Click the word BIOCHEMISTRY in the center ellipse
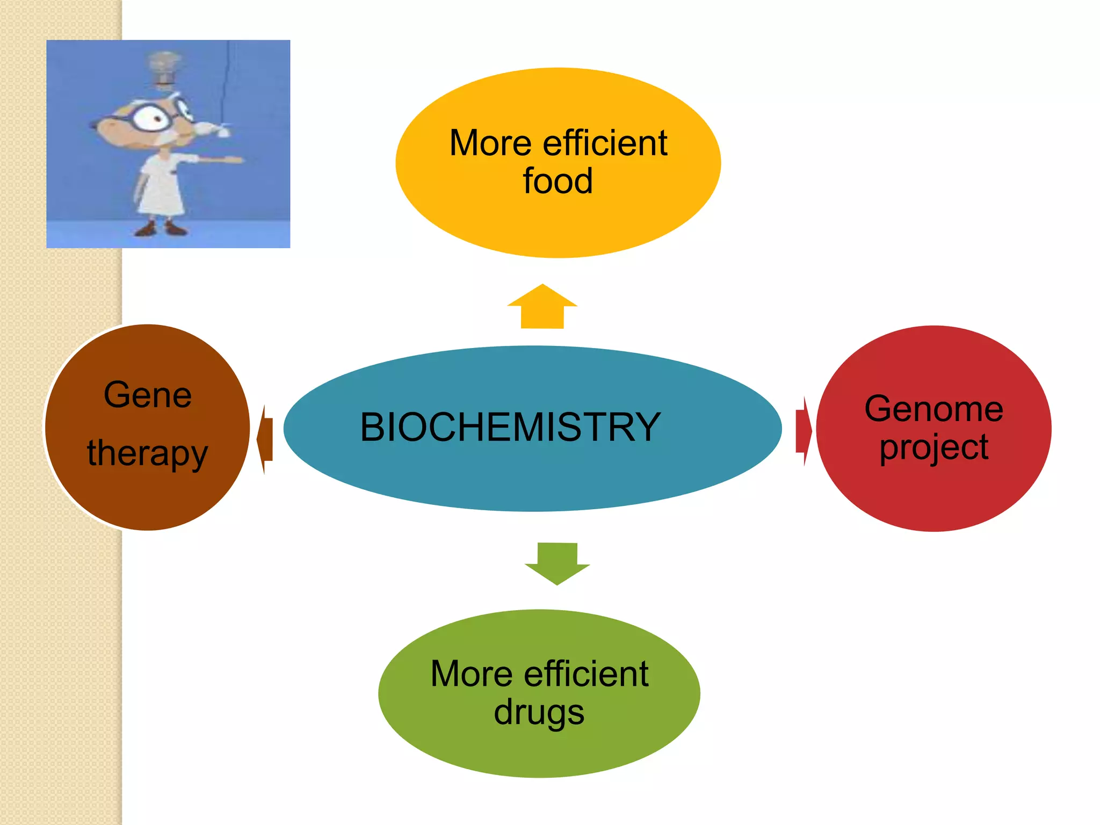pos(510,427)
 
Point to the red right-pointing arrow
pos(804,431)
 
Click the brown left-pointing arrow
pos(265,439)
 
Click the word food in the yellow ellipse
pos(558,181)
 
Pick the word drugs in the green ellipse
pos(539,712)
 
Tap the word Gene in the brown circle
pos(148,395)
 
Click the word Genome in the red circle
pos(933,409)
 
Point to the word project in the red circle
pos(933,447)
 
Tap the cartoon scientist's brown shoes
pos(161,229)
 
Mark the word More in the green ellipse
pos(472,674)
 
